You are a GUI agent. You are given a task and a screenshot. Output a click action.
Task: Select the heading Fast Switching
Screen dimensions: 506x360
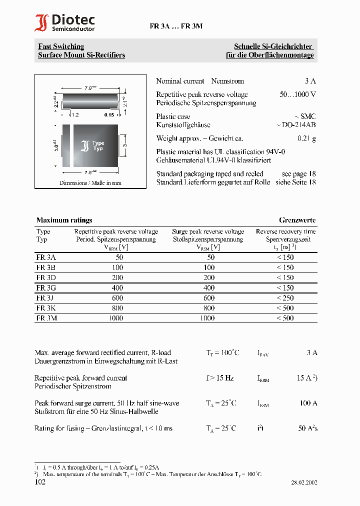(x=61, y=46)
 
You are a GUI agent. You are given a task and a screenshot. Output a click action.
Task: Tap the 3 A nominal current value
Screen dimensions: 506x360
(x=310, y=81)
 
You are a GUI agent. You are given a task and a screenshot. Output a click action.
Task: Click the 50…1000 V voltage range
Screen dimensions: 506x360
(x=297, y=94)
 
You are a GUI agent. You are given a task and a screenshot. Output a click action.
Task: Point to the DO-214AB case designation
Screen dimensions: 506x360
(x=296, y=125)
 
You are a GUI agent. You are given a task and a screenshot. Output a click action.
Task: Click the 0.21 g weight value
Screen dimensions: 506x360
(x=306, y=138)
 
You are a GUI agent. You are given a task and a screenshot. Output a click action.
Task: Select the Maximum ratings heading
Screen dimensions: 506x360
(x=64, y=220)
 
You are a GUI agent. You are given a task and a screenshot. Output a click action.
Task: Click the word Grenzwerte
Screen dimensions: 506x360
(x=297, y=220)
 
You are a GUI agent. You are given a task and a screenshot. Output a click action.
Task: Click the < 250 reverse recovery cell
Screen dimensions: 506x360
(x=285, y=298)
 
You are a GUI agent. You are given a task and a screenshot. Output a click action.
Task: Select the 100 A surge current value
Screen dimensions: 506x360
(x=308, y=403)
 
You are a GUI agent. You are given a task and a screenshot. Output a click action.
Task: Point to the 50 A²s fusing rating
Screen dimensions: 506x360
(x=307, y=428)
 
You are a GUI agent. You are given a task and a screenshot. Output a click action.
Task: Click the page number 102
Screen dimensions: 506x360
(x=40, y=482)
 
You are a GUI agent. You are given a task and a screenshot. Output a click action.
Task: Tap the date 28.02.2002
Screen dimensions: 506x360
(x=304, y=483)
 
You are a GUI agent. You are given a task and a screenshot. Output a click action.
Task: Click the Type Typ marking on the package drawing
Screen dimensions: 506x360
(x=98, y=146)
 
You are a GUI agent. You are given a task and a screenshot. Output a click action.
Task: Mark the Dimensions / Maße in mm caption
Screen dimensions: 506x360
(x=90, y=183)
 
